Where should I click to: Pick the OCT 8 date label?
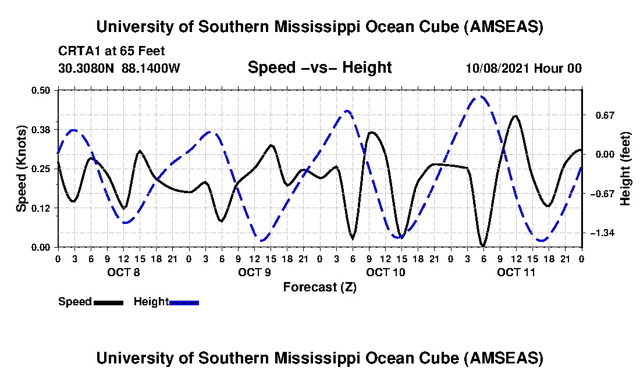point(123,272)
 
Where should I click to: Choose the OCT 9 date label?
point(254,272)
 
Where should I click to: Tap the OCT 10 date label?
point(385,272)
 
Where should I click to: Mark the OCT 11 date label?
point(516,272)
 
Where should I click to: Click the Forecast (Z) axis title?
point(319,287)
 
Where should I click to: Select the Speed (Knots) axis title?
point(22,168)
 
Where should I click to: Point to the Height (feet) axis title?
point(625,169)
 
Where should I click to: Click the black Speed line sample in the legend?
point(108,302)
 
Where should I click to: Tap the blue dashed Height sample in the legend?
point(184,302)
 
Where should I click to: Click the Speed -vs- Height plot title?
point(319,67)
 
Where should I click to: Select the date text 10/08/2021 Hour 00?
point(523,68)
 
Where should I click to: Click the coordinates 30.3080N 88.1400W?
point(119,68)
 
